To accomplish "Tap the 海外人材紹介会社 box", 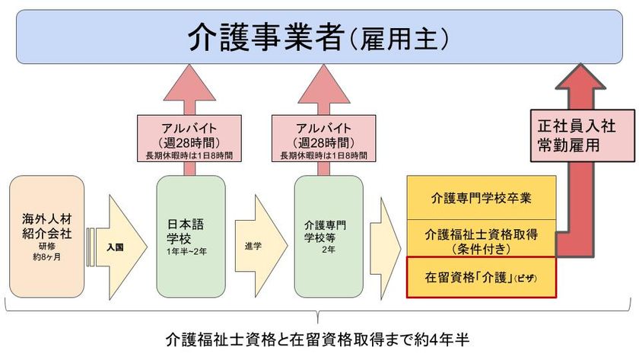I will click(x=46, y=236).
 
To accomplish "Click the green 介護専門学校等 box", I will click(x=325, y=236).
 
